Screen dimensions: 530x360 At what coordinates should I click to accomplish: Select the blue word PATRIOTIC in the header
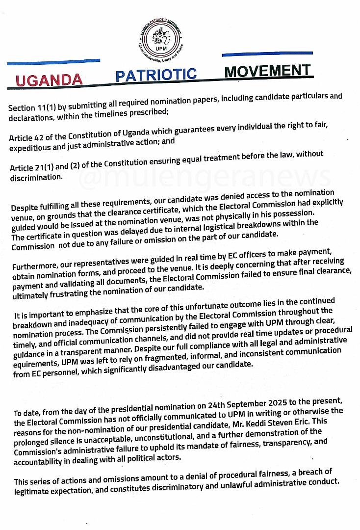[x=156, y=75]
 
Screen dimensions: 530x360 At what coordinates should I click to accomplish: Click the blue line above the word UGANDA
[x=53, y=62]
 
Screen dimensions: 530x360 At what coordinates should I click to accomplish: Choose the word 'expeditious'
[x=31, y=147]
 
